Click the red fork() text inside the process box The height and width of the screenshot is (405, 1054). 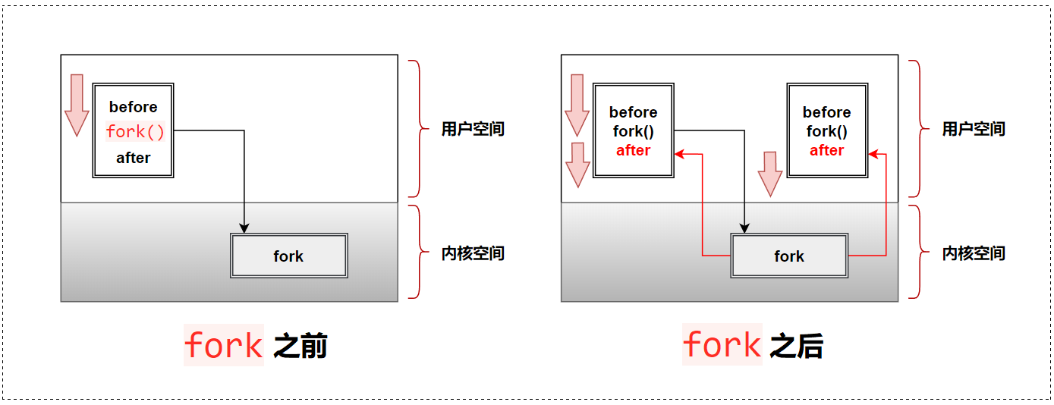(x=135, y=132)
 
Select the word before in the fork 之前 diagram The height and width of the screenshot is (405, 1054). (x=133, y=107)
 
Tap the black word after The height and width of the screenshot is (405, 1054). (x=133, y=158)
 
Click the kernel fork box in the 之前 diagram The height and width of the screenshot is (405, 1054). (x=288, y=256)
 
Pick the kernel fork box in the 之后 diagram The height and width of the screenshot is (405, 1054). (x=789, y=256)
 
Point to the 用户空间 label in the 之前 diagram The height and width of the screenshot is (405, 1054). (x=473, y=129)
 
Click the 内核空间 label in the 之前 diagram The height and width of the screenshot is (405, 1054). (x=473, y=253)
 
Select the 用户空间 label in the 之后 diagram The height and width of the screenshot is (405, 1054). (x=974, y=129)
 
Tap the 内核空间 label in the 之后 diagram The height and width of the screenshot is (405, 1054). (x=974, y=253)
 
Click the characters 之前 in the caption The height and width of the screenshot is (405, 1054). (x=300, y=347)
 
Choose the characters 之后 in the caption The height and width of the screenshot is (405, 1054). (x=797, y=347)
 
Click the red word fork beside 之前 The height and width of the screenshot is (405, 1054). (x=223, y=346)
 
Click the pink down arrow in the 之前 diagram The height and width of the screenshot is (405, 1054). (x=77, y=105)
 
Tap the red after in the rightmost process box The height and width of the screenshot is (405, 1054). (x=826, y=150)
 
